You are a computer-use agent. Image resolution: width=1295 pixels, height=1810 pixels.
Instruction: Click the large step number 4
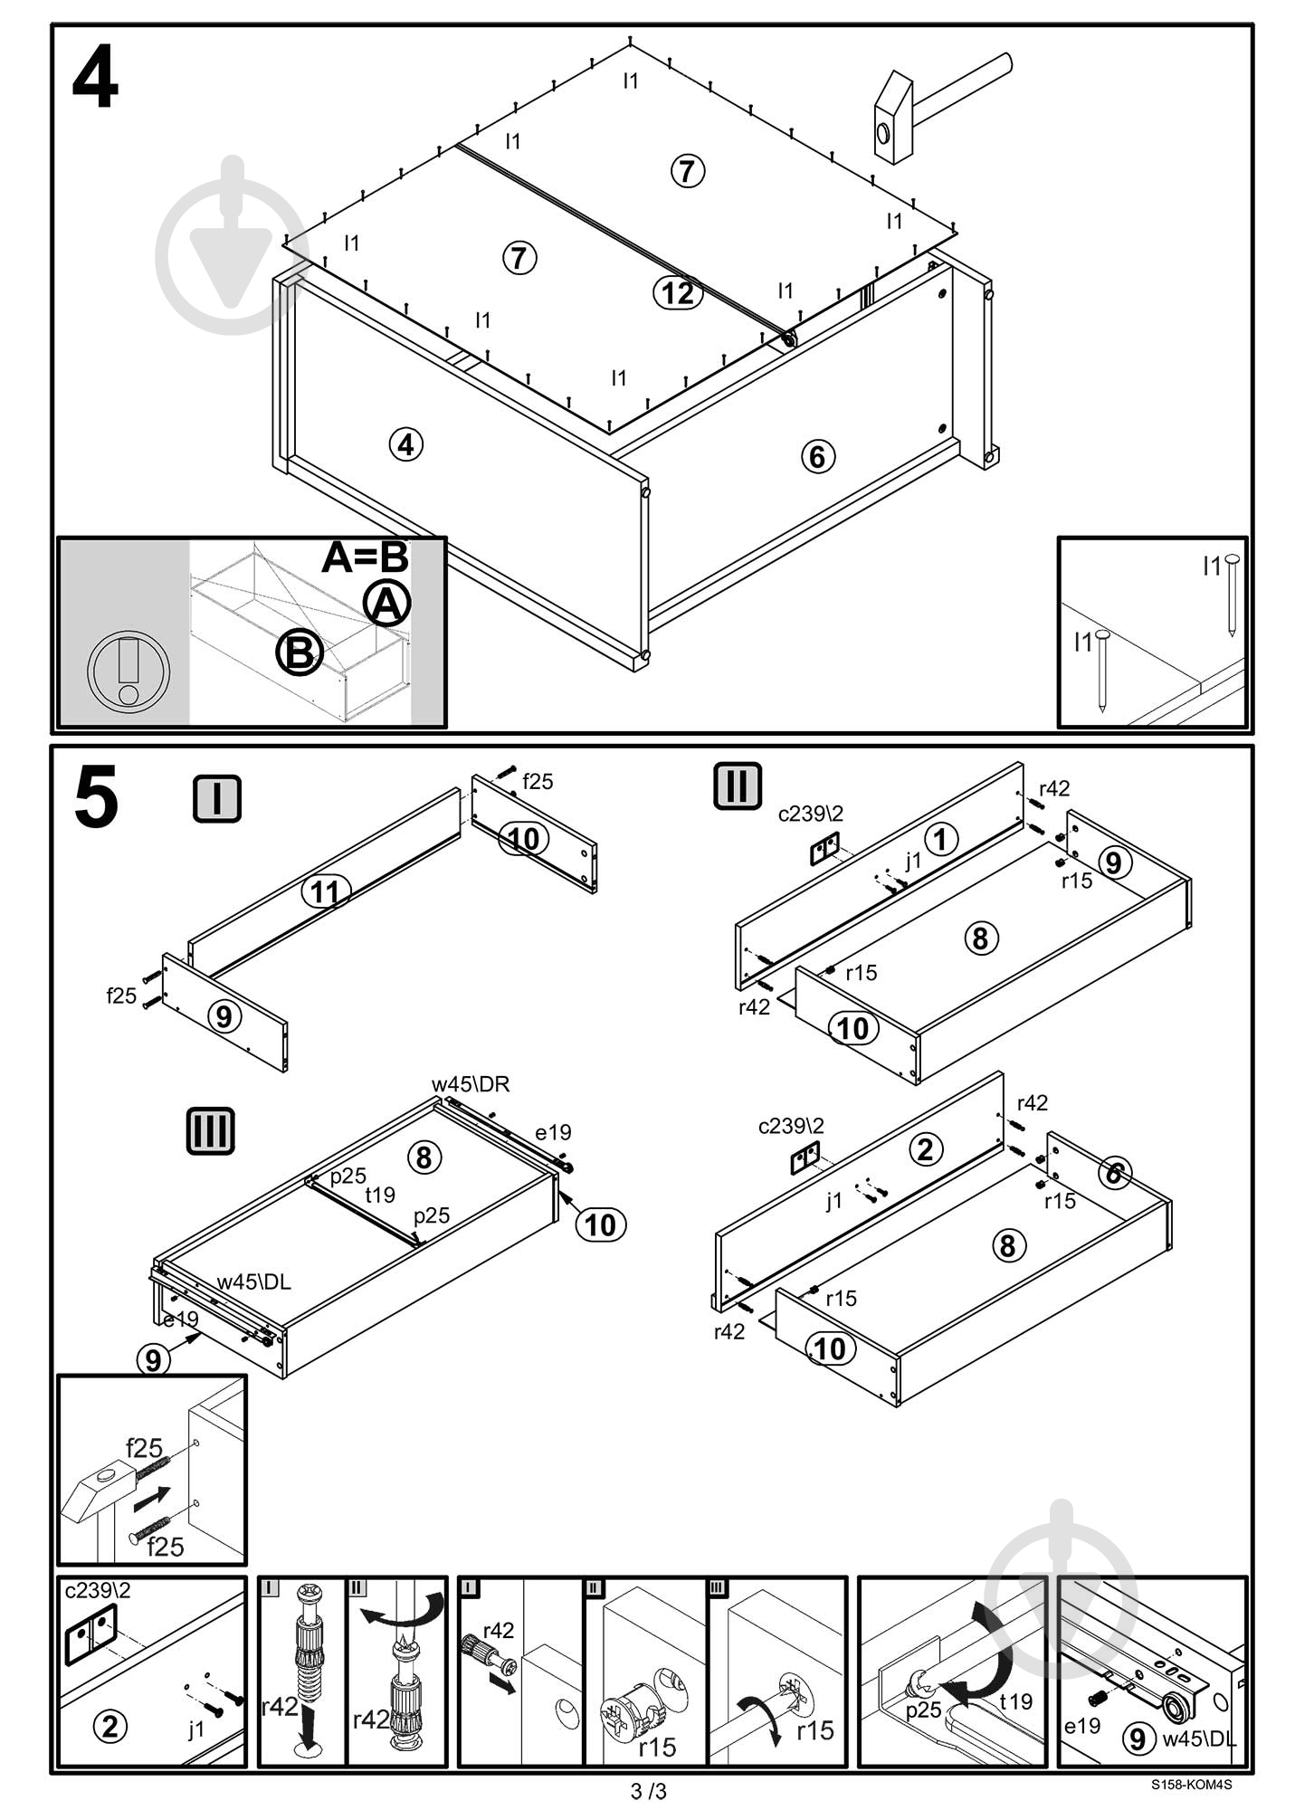[x=95, y=80]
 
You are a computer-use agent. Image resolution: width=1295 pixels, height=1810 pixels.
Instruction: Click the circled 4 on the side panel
[x=405, y=444]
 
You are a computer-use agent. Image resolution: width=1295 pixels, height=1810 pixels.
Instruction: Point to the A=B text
[x=365, y=557]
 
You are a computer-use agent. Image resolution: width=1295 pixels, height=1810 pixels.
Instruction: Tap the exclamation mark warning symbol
[x=129, y=671]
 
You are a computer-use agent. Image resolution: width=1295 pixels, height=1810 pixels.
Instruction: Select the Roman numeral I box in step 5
[x=217, y=799]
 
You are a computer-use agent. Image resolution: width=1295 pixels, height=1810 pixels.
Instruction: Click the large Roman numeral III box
[x=210, y=1130]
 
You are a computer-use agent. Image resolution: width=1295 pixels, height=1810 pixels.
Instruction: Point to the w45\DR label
[x=471, y=1083]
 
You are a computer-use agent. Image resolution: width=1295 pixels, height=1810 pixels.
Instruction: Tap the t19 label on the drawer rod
[x=380, y=1195]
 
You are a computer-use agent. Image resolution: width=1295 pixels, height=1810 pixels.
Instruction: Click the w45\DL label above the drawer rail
[x=253, y=1281]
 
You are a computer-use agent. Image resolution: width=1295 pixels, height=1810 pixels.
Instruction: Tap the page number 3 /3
[x=648, y=1791]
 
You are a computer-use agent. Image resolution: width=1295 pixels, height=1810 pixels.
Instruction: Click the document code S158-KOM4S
[x=1191, y=1785]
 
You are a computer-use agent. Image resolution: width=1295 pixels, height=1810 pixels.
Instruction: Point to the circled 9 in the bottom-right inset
[x=1138, y=1738]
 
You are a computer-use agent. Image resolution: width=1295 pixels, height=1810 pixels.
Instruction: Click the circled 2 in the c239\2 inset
[x=110, y=1727]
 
